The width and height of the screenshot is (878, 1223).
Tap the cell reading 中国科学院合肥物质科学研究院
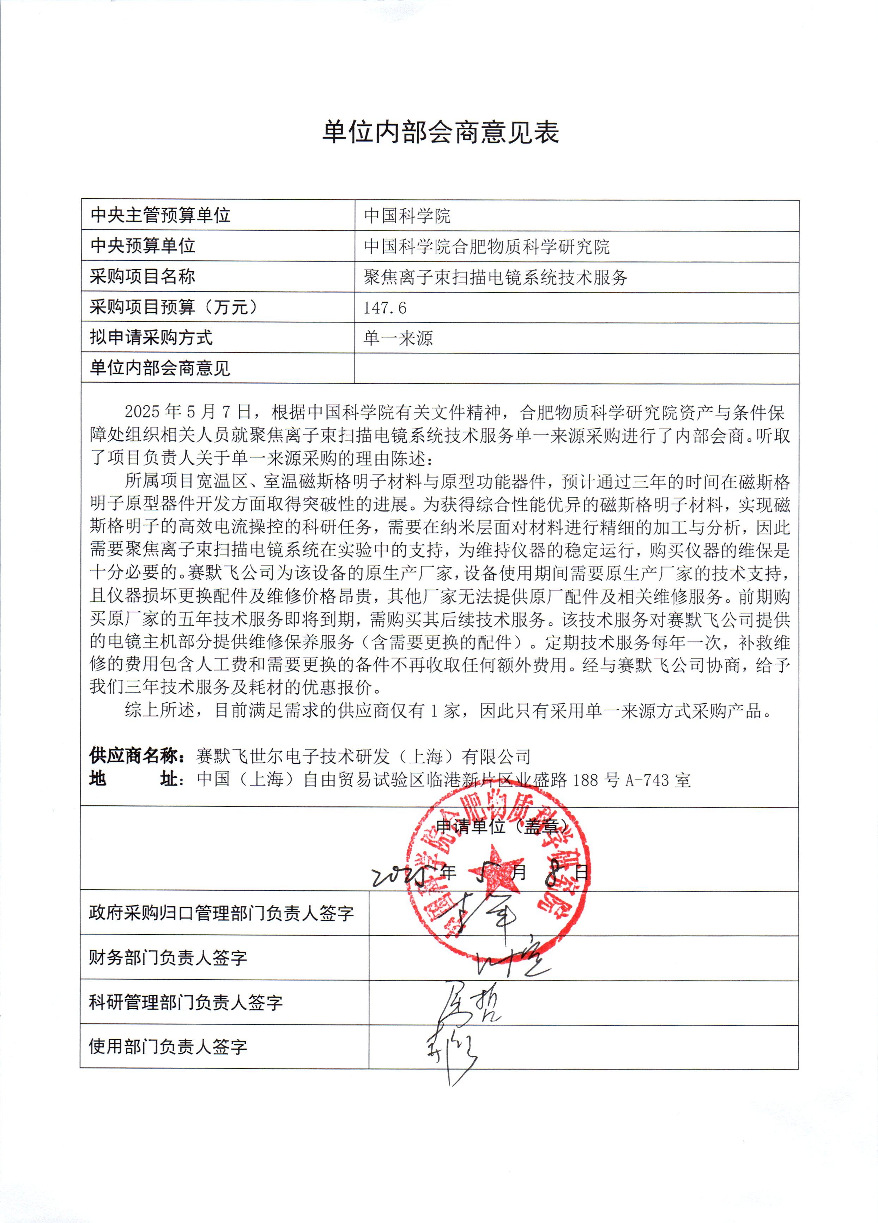point(486,247)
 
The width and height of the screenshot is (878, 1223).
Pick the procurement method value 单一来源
point(398,338)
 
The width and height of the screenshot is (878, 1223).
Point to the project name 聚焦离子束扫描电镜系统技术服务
point(496,277)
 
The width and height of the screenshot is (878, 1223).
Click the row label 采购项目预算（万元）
point(174,307)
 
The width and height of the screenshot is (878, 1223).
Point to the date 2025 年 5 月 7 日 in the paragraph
point(188,412)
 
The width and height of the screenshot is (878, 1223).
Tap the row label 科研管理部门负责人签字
point(186,1002)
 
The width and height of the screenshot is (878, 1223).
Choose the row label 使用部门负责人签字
point(168,1046)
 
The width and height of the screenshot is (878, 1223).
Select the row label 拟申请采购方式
point(151,338)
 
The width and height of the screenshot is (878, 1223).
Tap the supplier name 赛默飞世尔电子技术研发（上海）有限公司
point(363,757)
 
